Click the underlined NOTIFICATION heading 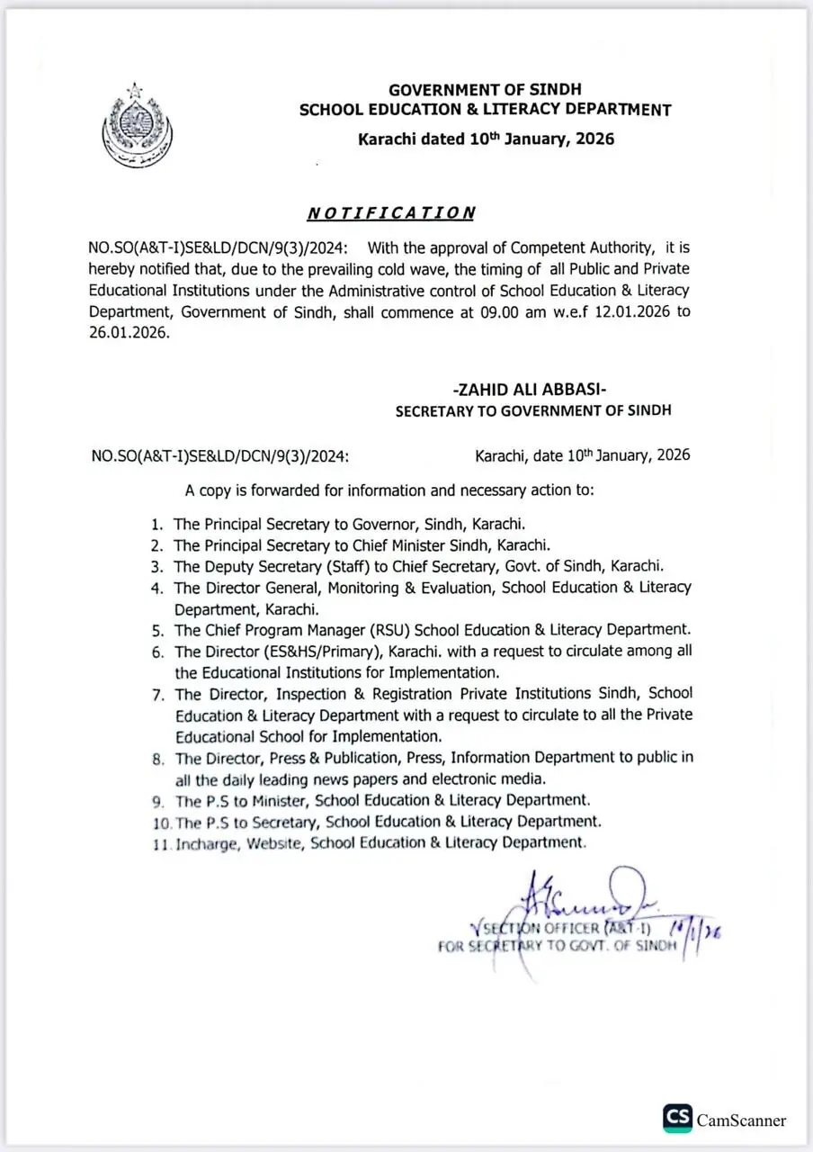click(390, 213)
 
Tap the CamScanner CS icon click(677, 1119)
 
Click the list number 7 click(157, 694)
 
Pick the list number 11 click(162, 843)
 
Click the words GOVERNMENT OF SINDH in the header click(485, 90)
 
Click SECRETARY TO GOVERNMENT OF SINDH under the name click(533, 410)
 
